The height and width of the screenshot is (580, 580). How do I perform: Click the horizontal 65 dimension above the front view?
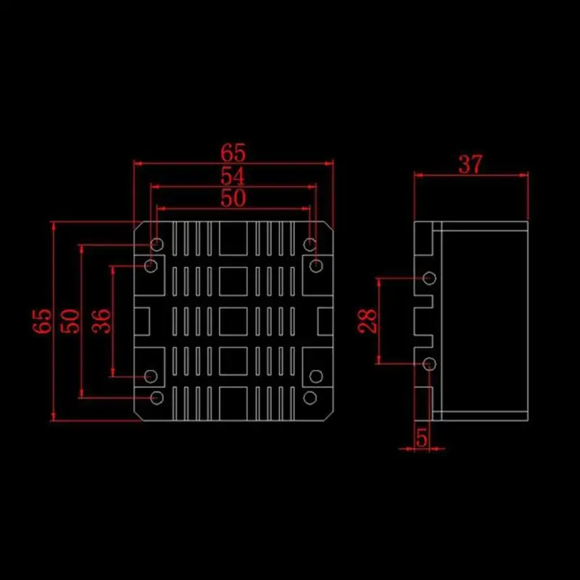point(234,153)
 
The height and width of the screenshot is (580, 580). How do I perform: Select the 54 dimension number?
point(234,176)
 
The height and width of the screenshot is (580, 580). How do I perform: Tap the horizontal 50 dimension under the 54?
point(234,198)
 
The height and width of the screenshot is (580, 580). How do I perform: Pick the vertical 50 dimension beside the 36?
point(70,320)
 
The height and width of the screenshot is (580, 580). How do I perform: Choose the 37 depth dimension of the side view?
point(470,165)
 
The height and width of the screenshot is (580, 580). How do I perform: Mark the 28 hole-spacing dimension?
point(368,320)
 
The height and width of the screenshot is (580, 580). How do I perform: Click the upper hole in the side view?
point(429,277)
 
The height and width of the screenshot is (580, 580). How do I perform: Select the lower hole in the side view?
point(429,362)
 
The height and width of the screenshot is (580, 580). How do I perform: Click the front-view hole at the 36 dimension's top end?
point(151,266)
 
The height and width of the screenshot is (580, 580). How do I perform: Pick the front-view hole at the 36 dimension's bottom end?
point(151,376)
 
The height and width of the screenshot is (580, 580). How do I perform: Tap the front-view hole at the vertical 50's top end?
point(157,243)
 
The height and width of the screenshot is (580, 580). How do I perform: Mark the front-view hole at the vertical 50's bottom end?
point(157,397)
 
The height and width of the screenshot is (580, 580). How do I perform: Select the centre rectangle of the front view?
point(233,320)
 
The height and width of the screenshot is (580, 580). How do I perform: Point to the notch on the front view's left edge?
point(142,320)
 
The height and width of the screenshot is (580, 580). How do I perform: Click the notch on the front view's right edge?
point(325,320)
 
